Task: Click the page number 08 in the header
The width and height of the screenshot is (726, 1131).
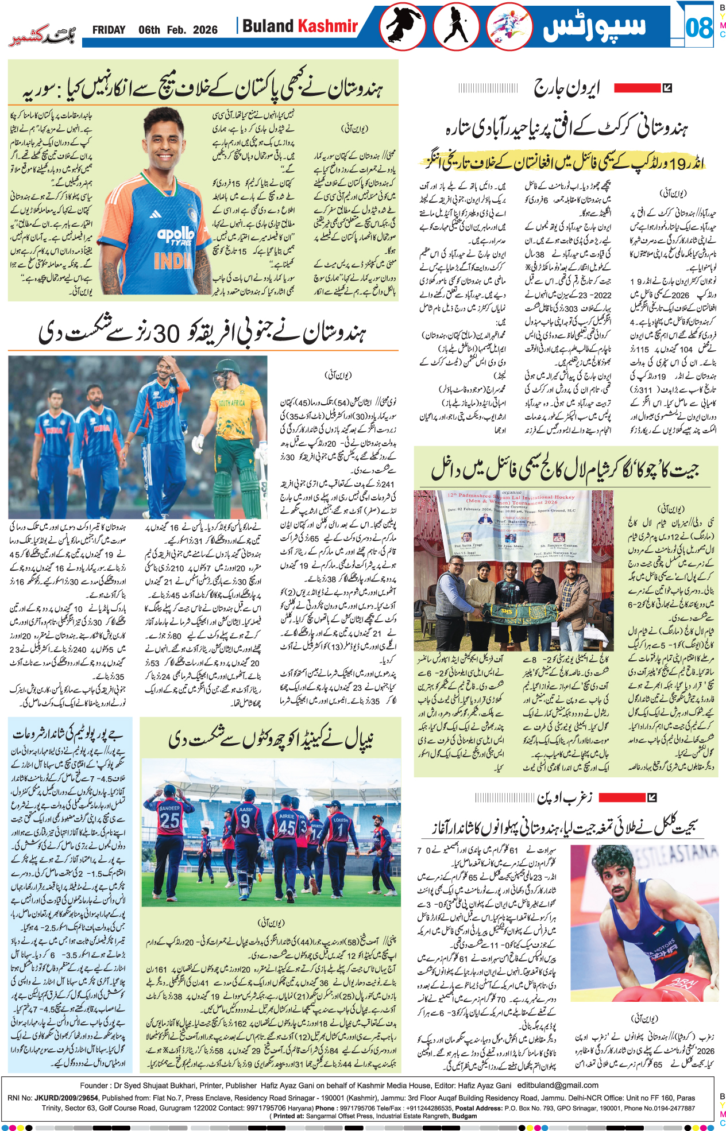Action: pyautogui.click(x=698, y=27)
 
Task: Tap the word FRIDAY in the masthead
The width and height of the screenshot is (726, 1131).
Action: pyautogui.click(x=109, y=30)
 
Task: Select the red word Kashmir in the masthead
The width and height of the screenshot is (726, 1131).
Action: pyautogui.click(x=327, y=26)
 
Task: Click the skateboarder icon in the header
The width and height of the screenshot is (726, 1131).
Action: pyautogui.click(x=402, y=26)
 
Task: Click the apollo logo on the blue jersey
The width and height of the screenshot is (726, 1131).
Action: pyautogui.click(x=175, y=235)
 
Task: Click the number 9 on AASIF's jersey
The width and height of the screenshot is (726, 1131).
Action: pyautogui.click(x=245, y=822)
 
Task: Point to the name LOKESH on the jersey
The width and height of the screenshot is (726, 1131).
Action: pyautogui.click(x=341, y=819)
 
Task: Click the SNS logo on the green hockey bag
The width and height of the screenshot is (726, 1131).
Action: pyautogui.click(x=506, y=611)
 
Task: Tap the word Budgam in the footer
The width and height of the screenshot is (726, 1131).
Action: pyautogui.click(x=464, y=1116)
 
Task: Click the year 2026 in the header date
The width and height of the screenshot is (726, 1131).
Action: pyautogui.click(x=205, y=30)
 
